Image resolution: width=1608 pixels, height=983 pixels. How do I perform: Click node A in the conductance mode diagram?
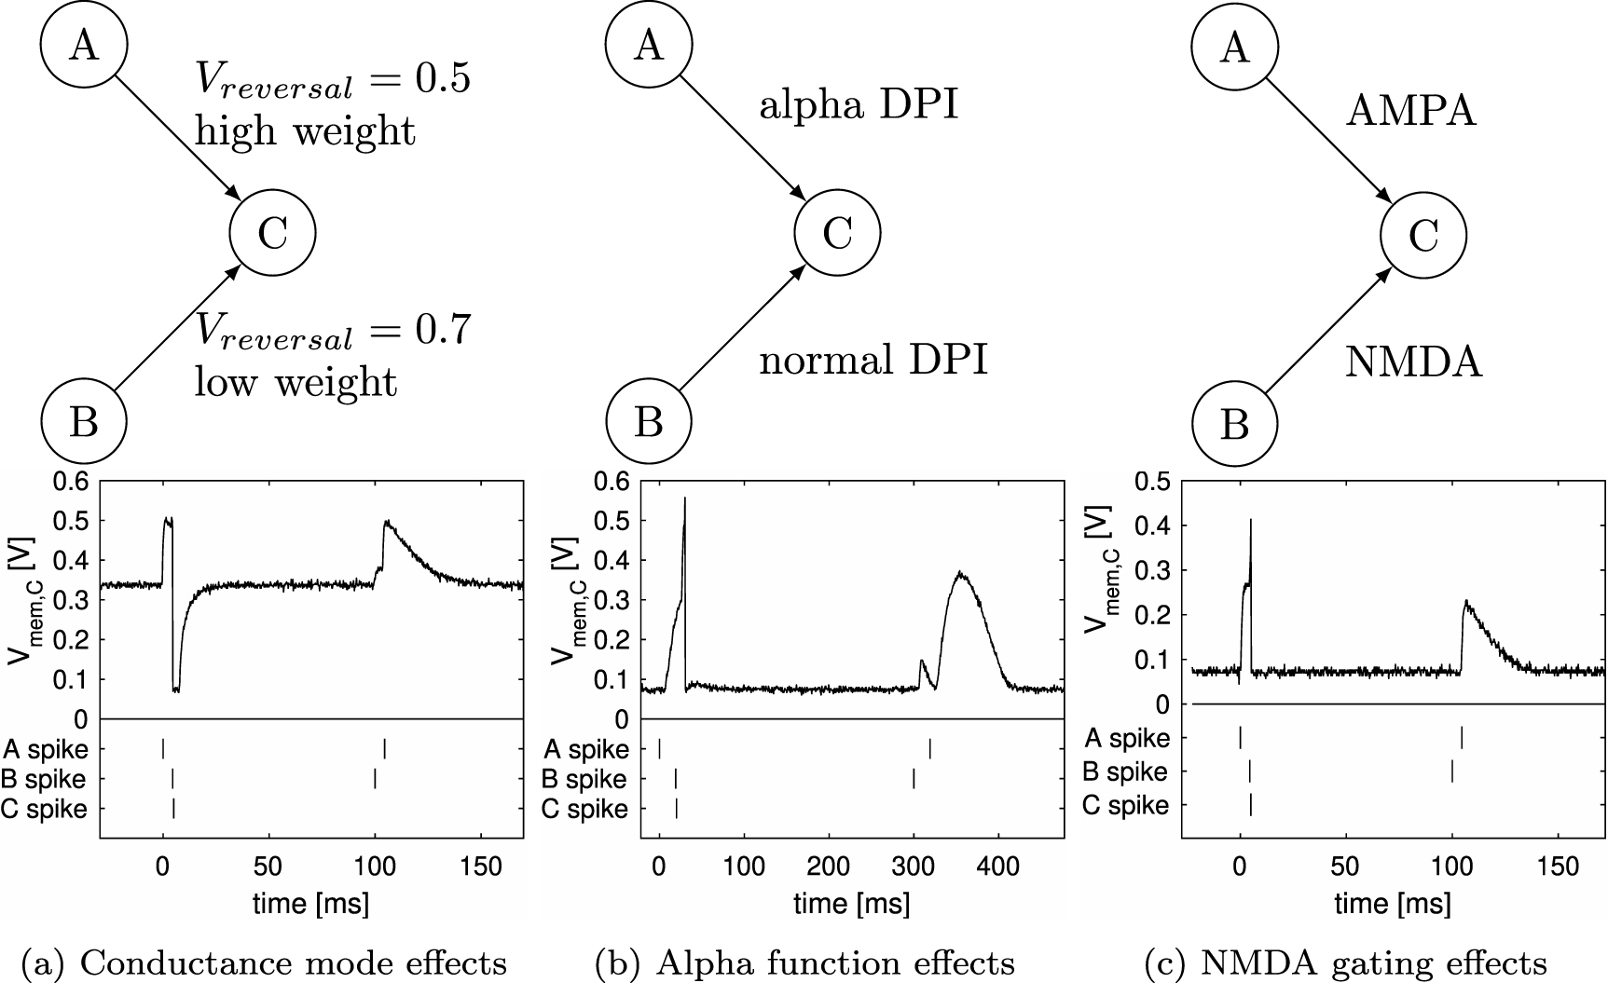[84, 45]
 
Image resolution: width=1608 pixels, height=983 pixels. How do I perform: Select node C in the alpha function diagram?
[837, 233]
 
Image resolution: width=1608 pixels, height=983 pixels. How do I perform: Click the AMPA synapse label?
[1411, 112]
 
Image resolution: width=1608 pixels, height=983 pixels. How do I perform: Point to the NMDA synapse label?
[1413, 362]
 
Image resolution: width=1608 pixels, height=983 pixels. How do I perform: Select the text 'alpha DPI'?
[859, 105]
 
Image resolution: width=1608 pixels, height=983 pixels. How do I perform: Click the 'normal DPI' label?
[873, 360]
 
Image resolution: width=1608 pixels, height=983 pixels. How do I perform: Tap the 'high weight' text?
[305, 130]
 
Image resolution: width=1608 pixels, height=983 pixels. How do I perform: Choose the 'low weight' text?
[295, 382]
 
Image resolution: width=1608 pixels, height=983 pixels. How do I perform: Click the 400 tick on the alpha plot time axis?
[998, 866]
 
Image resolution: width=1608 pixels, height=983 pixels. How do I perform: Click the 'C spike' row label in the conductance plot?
[44, 809]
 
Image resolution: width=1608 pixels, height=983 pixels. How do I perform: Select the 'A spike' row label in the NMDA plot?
[1125, 738]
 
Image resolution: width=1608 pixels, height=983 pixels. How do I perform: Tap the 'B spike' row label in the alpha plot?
[584, 779]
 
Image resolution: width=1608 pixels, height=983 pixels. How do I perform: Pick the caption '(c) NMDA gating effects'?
[1345, 962]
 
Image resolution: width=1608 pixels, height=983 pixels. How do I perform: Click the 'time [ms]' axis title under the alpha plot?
[851, 903]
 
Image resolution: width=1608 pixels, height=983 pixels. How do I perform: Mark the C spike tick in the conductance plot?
[173, 809]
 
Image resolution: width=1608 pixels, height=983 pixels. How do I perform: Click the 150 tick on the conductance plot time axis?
[482, 866]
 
